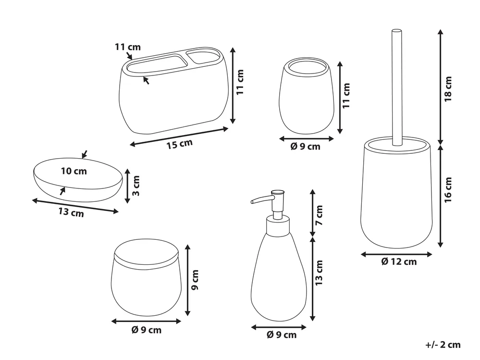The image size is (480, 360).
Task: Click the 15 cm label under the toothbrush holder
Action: click(179, 144)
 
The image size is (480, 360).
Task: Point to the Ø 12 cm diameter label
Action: click(399, 261)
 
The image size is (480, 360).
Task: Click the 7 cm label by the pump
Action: click(319, 215)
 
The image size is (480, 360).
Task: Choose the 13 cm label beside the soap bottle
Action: click(319, 273)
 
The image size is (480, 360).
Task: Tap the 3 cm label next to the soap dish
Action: click(136, 186)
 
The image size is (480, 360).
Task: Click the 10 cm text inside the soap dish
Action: click(74, 171)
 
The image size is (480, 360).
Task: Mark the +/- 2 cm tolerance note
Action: click(443, 345)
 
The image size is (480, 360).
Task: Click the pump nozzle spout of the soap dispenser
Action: click(261, 199)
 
